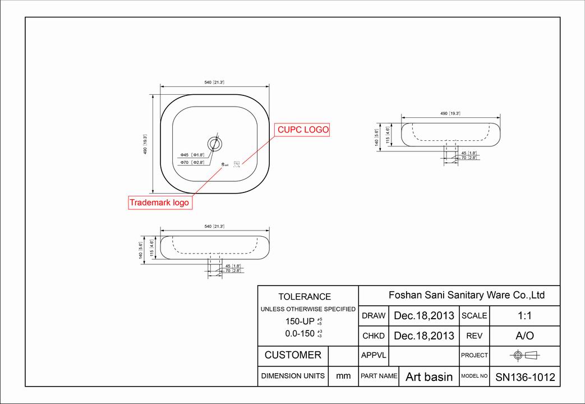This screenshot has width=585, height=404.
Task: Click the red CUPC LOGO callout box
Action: pyautogui.click(x=303, y=130)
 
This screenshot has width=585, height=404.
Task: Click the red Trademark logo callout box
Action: pyautogui.click(x=160, y=203)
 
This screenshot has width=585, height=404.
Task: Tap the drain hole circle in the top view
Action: pyautogui.click(x=214, y=144)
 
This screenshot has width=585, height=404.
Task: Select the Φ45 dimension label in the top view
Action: pyautogui.click(x=192, y=155)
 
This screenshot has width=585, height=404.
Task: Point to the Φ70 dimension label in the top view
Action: pyautogui.click(x=192, y=162)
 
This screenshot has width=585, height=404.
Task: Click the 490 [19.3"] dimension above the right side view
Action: pyautogui.click(x=450, y=113)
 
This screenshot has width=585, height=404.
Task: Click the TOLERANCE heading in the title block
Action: pyautogui.click(x=305, y=297)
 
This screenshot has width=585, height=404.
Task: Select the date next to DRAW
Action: pyautogui.click(x=424, y=315)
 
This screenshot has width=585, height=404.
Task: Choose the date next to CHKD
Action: pyautogui.click(x=424, y=336)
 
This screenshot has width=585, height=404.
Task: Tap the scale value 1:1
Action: pyautogui.click(x=524, y=315)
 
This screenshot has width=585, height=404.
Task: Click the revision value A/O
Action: pyautogui.click(x=524, y=336)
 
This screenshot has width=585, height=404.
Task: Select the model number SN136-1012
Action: pyautogui.click(x=525, y=377)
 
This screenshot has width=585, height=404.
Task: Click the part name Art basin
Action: pyautogui.click(x=429, y=377)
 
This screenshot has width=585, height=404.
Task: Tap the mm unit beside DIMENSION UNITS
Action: pyautogui.click(x=343, y=376)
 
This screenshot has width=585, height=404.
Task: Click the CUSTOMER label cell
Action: pyautogui.click(x=293, y=355)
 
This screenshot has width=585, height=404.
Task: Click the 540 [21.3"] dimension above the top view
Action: pyautogui.click(x=214, y=82)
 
